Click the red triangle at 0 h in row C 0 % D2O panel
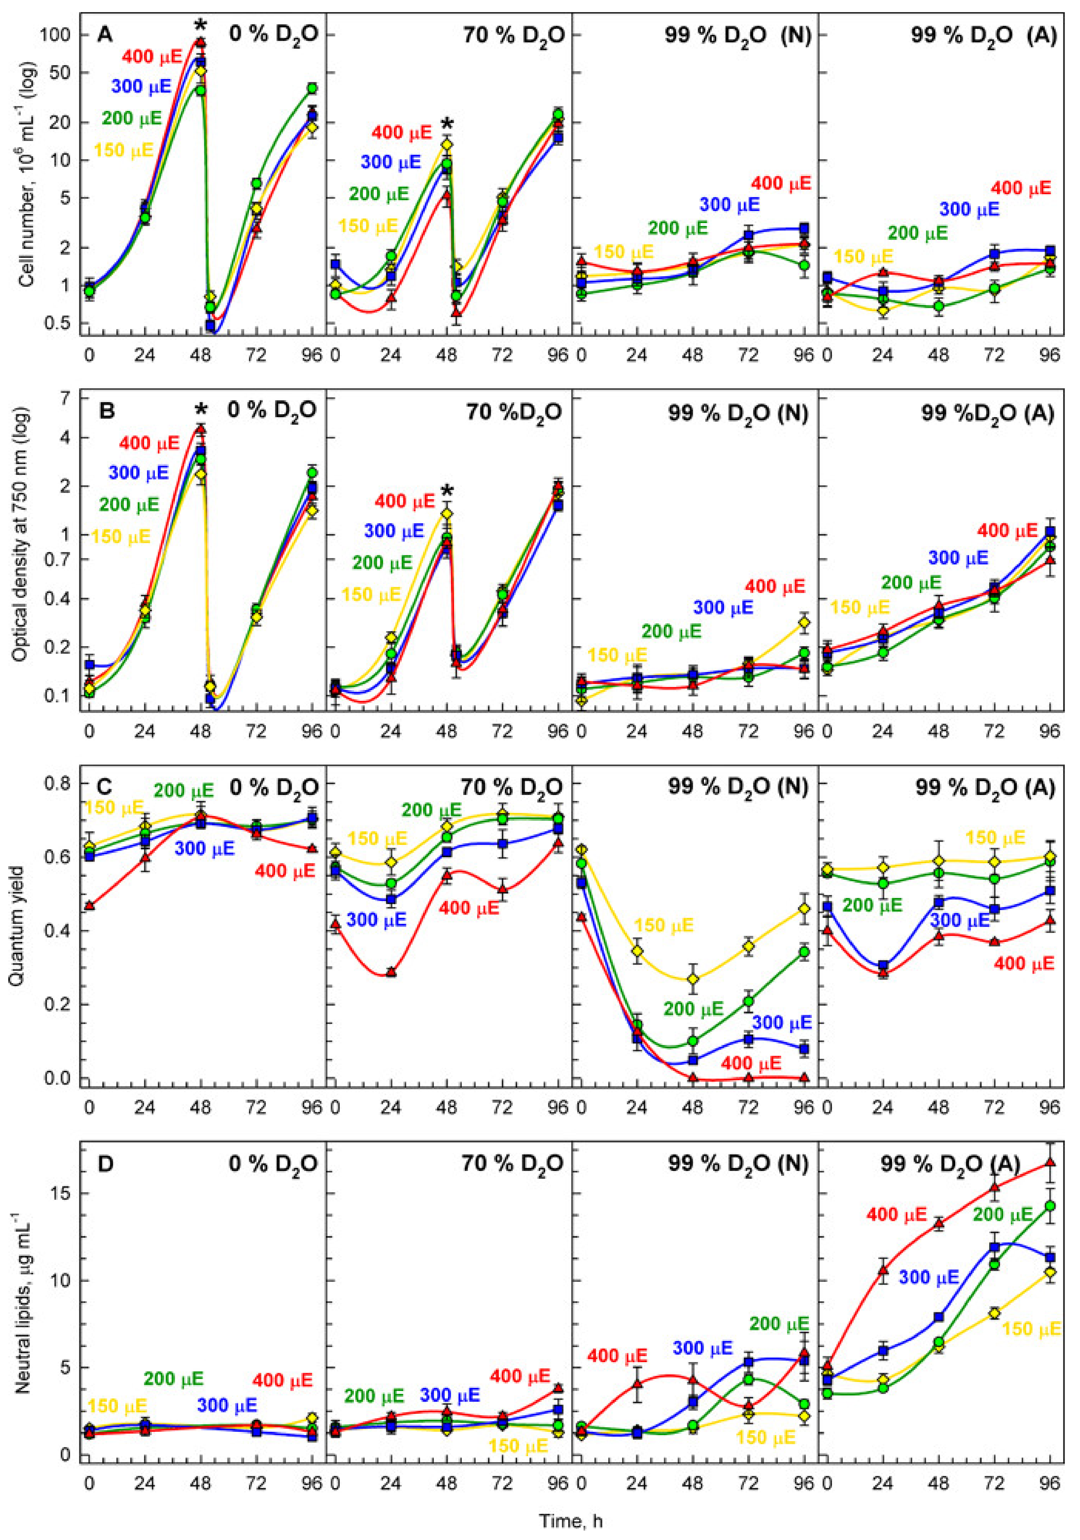[89, 906]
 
